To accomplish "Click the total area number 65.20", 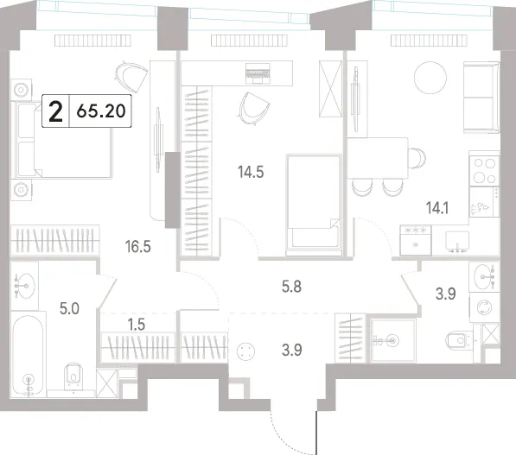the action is (101, 111).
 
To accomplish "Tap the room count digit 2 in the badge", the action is (55, 111).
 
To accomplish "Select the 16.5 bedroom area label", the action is (138, 246).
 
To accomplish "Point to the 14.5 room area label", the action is (251, 172).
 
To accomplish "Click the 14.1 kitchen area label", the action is (437, 208).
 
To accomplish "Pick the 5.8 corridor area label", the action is (291, 287).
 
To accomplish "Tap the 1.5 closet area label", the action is (137, 325).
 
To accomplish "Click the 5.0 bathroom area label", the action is (69, 309).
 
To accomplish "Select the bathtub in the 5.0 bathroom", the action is (29, 355).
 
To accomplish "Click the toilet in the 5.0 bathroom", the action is (74, 376).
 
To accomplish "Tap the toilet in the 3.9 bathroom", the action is (460, 340).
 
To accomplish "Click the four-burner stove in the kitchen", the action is (484, 171).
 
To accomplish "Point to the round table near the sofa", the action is (430, 79).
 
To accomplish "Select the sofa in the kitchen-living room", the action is (481, 98).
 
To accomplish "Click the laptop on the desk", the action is (258, 73).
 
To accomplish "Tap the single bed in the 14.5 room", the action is (314, 205).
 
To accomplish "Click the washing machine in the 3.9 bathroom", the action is (484, 307).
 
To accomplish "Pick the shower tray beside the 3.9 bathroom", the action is (392, 340).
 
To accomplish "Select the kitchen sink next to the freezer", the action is (457, 241).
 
